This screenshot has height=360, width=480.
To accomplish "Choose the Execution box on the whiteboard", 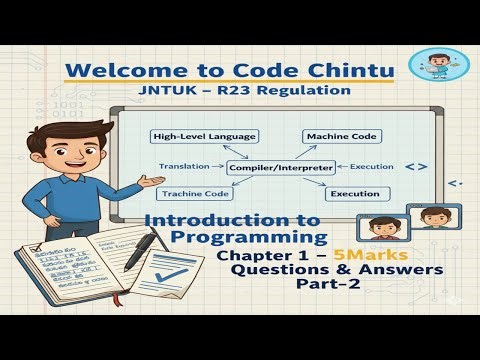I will coord(354,194).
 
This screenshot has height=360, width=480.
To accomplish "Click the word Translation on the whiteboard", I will coord(182,165).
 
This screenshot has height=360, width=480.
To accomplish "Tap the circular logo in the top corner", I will coord(438,71).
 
